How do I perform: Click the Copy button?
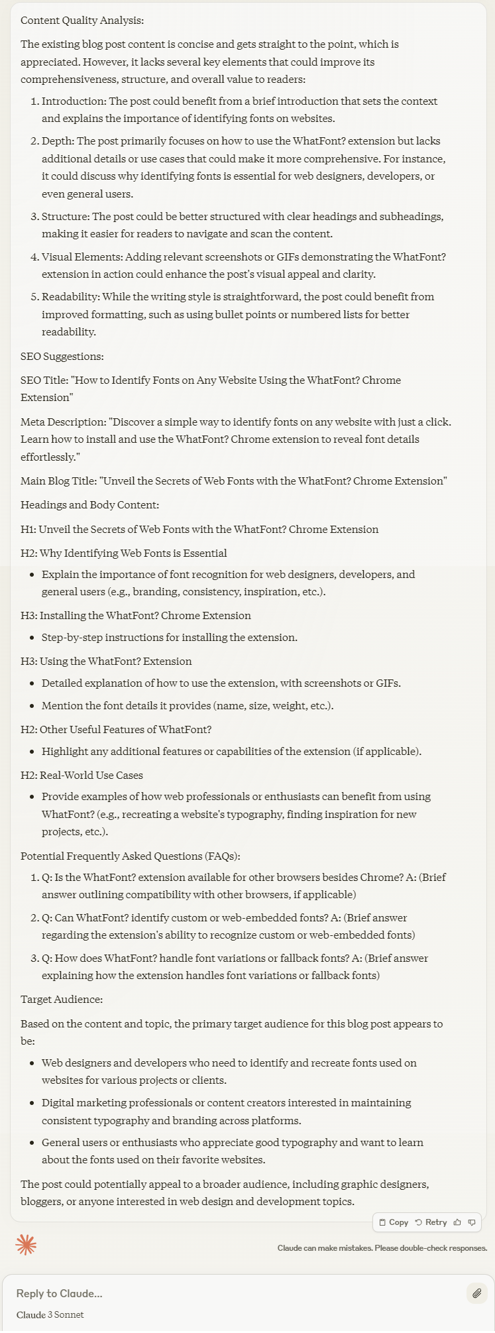(x=394, y=1222)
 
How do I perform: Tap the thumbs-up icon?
(x=457, y=1222)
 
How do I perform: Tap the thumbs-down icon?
(x=472, y=1222)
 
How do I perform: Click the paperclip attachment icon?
(x=476, y=1293)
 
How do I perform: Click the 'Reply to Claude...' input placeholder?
(x=60, y=1293)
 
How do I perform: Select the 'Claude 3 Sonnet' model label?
(x=50, y=1314)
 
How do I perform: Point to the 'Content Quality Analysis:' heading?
(x=82, y=21)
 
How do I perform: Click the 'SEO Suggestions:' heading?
(x=62, y=356)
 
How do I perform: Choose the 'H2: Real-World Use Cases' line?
(x=82, y=775)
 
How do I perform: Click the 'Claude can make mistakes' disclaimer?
(x=382, y=1248)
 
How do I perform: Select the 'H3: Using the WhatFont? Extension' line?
(x=106, y=661)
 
